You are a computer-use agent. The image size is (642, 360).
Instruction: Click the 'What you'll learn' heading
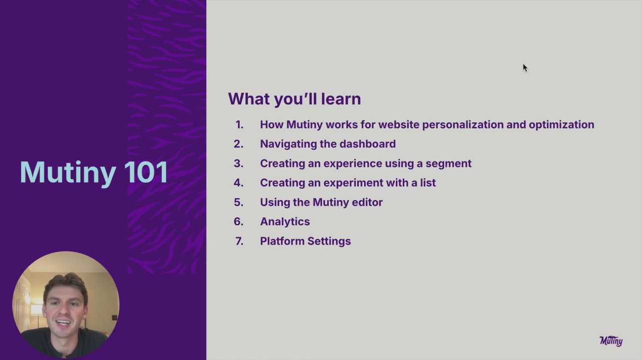294,99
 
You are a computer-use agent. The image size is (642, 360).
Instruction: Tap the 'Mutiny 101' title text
94,172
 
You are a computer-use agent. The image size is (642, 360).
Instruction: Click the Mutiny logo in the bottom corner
611,341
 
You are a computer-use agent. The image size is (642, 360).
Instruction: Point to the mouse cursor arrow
525,68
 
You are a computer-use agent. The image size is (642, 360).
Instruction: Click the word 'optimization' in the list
561,125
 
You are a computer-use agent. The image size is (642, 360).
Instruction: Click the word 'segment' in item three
448,163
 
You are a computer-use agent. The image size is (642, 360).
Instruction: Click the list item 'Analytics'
285,222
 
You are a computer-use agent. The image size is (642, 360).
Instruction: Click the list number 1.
239,125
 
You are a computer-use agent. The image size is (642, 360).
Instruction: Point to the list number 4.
238,183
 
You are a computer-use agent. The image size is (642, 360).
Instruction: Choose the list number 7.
239,241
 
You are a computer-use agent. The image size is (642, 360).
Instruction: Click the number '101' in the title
146,172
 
